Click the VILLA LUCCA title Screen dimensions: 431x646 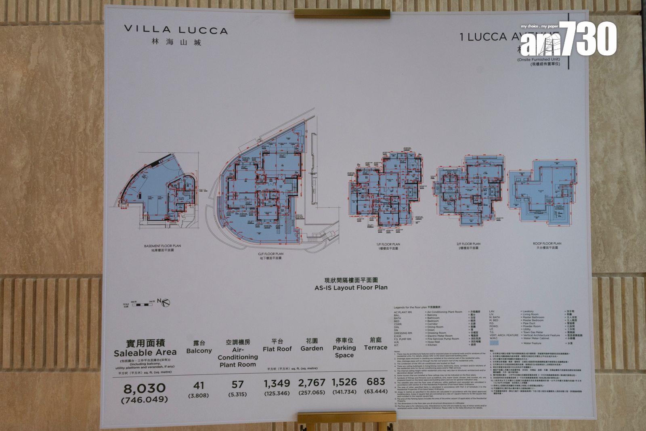pyautogui.click(x=176, y=30)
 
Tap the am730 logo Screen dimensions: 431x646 pyautogui.click(x=568, y=38)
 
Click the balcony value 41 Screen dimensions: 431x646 pyautogui.click(x=199, y=385)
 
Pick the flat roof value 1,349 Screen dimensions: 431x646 pyautogui.click(x=277, y=383)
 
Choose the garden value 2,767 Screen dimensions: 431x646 pyautogui.click(x=311, y=383)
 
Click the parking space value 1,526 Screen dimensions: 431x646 pyautogui.click(x=344, y=382)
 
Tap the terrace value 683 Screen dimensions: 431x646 pyautogui.click(x=375, y=381)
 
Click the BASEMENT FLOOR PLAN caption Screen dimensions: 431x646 pyautogui.click(x=162, y=246)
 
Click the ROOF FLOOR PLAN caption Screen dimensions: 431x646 pyautogui.click(x=547, y=244)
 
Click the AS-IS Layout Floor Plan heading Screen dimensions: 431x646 pyautogui.click(x=351, y=288)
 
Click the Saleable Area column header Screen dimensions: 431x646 pyautogui.click(x=145, y=352)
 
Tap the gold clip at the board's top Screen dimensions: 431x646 pyautogui.click(x=342, y=13)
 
